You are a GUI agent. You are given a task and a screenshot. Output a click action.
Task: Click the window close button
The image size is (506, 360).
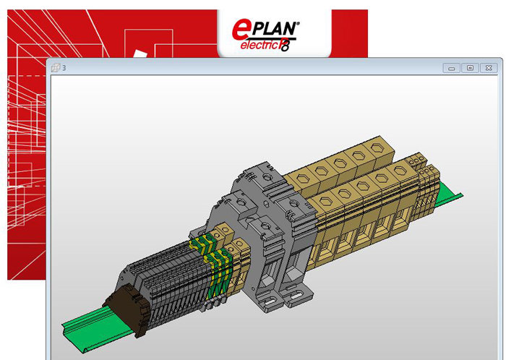489,68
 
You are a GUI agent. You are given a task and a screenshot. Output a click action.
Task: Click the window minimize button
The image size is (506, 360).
452,68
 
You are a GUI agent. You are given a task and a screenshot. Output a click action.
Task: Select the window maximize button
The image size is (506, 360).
470,68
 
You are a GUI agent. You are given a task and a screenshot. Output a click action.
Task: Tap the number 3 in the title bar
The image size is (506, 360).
64,68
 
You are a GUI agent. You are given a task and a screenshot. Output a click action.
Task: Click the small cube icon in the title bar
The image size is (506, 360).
56,67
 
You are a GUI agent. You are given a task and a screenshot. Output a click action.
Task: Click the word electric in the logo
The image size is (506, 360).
260,45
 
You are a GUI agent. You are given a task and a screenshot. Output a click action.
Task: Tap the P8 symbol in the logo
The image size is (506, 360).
284,45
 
